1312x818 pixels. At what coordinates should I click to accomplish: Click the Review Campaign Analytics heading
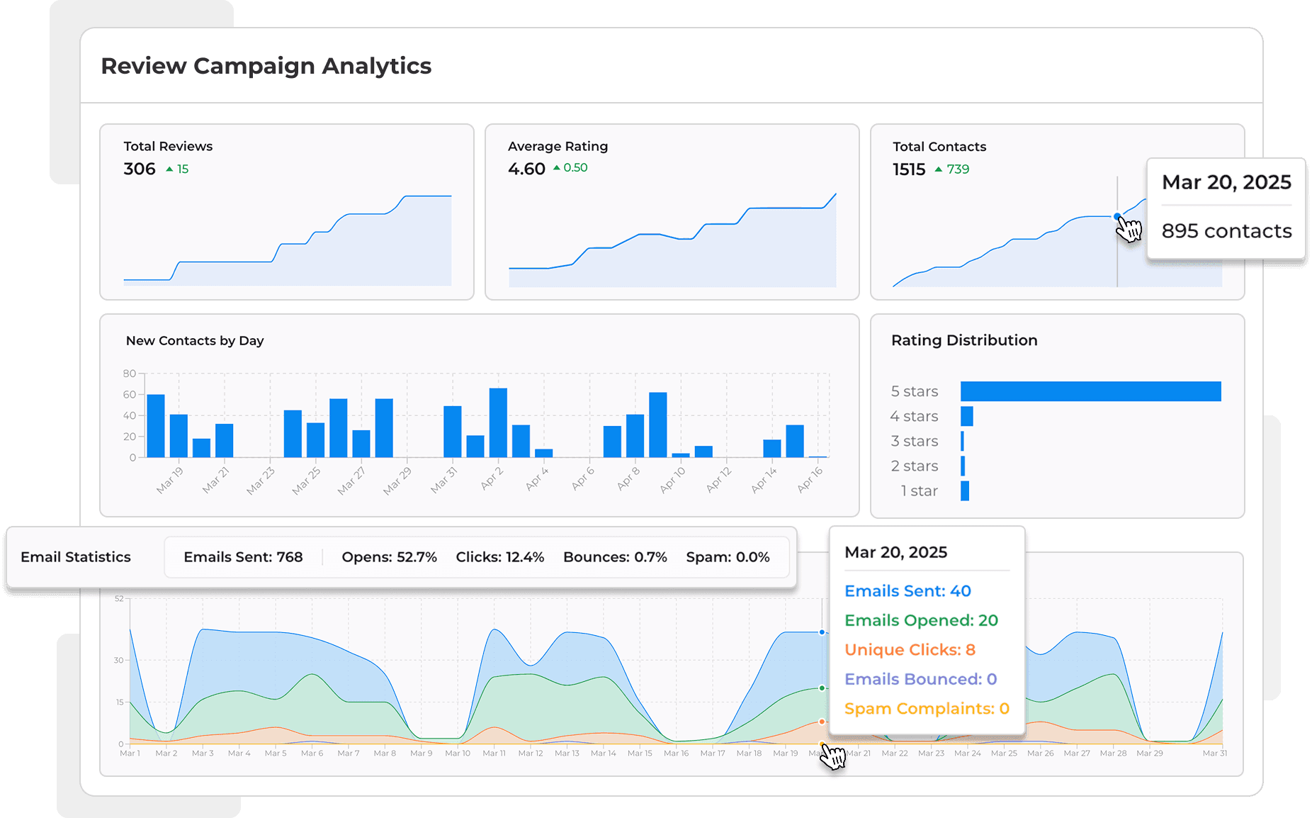click(266, 66)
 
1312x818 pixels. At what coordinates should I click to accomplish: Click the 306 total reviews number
click(140, 169)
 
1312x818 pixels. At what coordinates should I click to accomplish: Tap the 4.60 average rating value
click(526, 169)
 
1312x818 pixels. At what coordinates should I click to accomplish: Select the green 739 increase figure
click(957, 169)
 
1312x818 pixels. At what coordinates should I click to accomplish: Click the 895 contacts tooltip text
click(1226, 231)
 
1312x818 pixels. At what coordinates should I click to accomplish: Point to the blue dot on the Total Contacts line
click(1117, 216)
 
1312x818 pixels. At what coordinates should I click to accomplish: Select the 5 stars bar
click(1090, 391)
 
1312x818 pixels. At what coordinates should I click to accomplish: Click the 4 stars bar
click(967, 416)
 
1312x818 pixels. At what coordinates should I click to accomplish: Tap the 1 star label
click(919, 491)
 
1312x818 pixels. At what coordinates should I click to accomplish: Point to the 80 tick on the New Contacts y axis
click(129, 374)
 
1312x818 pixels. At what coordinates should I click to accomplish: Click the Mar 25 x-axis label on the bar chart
click(306, 480)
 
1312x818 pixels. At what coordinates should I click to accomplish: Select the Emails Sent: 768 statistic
click(243, 557)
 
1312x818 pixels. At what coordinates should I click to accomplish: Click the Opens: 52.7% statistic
click(389, 557)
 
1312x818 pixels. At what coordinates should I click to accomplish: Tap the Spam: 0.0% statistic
click(728, 557)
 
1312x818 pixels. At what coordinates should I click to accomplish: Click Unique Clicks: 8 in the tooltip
click(910, 650)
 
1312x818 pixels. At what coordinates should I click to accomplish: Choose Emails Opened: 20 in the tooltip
click(921, 620)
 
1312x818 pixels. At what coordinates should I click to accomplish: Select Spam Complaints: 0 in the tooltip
click(927, 709)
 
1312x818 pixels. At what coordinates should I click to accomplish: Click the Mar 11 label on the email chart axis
click(494, 753)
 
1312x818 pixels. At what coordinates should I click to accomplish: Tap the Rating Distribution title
click(964, 340)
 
